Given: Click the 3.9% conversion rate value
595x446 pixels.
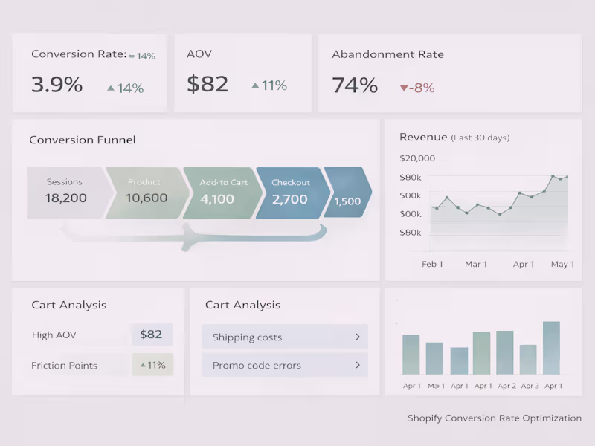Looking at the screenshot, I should [57, 85].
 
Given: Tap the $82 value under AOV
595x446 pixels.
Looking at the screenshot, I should [208, 85].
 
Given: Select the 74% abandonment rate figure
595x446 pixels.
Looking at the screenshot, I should [355, 85].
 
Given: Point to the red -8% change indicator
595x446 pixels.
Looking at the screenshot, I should [417, 88].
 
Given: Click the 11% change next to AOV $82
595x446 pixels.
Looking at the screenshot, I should [269, 86].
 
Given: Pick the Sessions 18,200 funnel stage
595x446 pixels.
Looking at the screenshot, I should [65, 192].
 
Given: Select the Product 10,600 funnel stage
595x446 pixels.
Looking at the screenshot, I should [146, 192].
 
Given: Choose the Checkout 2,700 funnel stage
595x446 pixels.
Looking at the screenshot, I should [290, 192].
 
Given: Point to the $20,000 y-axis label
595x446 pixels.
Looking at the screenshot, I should [417, 158].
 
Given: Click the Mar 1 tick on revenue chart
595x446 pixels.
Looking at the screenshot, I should [476, 264].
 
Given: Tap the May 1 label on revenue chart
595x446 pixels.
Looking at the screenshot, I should [562, 264].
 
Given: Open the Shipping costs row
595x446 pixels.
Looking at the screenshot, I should [284, 337].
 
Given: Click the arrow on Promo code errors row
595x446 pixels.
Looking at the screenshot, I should [357, 365].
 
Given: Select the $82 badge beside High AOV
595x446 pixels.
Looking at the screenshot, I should [151, 334].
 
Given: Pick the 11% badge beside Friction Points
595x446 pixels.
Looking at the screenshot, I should [152, 365].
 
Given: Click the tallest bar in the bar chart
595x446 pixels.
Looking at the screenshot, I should [551, 348].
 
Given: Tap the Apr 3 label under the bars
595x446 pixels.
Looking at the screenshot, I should [530, 386].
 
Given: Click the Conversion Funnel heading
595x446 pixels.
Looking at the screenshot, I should [83, 140].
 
